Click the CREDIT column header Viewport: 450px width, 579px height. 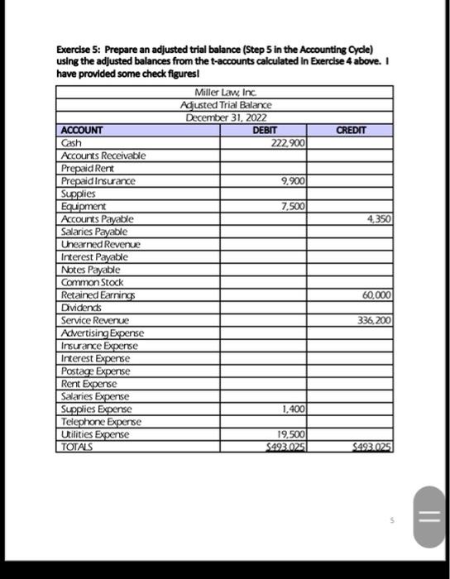[x=351, y=130]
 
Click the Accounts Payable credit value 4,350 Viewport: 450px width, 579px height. [x=379, y=219]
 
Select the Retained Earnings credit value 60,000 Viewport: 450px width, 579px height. [x=376, y=295]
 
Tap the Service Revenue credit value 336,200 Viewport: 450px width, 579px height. [x=374, y=320]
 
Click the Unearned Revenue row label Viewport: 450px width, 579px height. [x=100, y=244]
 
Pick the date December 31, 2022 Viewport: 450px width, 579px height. [x=226, y=117]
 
